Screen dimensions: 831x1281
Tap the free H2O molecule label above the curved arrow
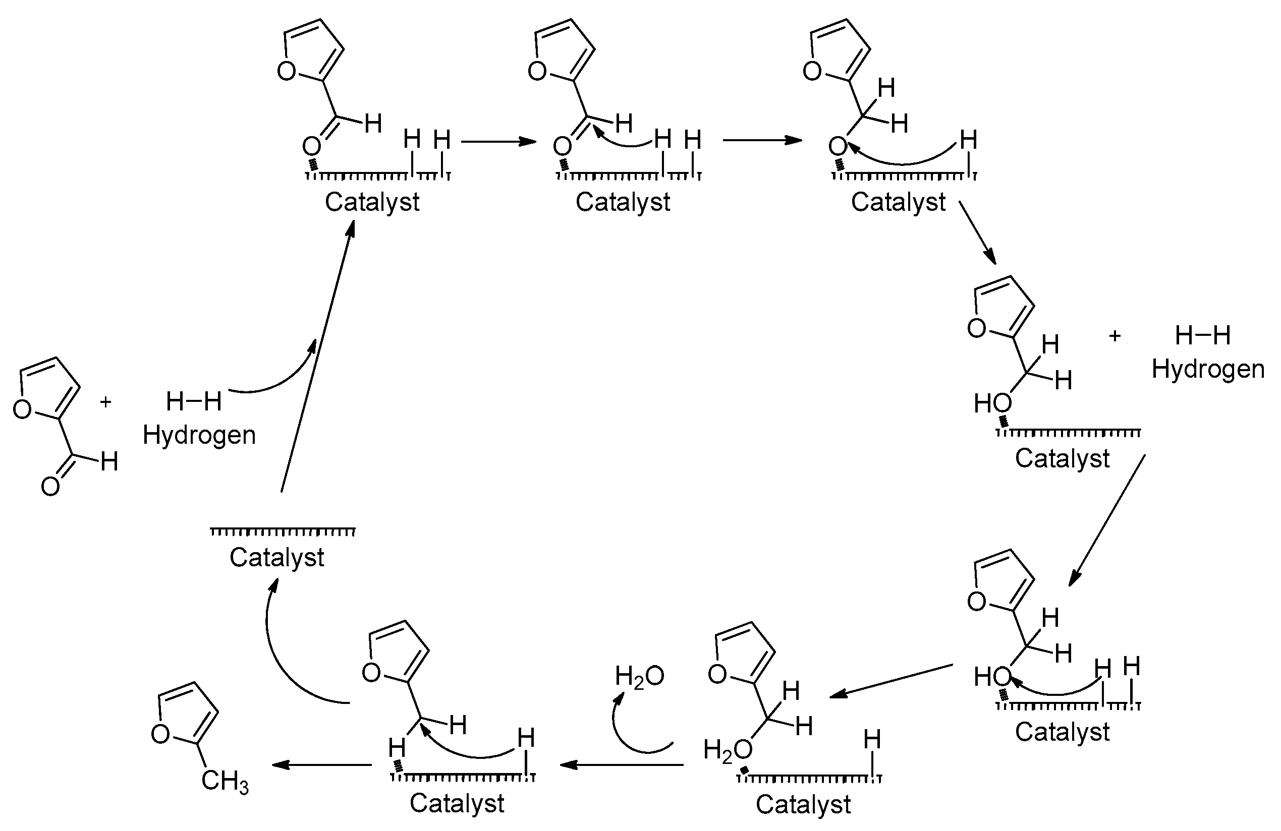(x=639, y=677)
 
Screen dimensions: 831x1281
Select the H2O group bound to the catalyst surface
(x=728, y=750)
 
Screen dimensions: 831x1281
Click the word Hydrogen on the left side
(x=199, y=435)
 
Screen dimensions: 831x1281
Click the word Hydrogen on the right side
(x=1207, y=369)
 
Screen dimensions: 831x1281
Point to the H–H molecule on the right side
(x=1202, y=336)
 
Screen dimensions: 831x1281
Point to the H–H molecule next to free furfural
(x=193, y=402)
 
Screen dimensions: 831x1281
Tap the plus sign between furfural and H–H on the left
(x=105, y=402)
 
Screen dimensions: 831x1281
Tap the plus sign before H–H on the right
(x=1115, y=336)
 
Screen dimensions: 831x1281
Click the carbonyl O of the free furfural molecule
(x=50, y=487)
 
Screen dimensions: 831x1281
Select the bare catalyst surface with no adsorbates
(x=283, y=531)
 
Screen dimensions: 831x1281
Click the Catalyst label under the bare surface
(x=276, y=558)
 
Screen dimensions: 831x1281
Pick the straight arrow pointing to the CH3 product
(x=321, y=764)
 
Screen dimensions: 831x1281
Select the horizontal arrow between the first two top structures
(x=498, y=142)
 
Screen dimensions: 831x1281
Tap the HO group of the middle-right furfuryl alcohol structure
(x=992, y=403)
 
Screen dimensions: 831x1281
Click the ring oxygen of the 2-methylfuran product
(x=160, y=734)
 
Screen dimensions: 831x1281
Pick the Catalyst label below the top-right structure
(x=898, y=202)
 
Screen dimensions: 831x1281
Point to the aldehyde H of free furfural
(x=109, y=461)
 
